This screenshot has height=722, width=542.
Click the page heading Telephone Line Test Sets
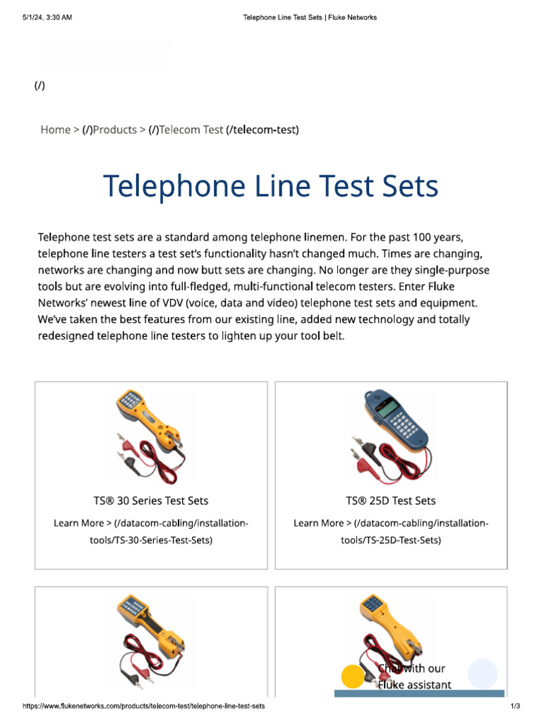(x=271, y=187)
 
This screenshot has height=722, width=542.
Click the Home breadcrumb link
(x=55, y=130)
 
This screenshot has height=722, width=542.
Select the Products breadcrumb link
(x=115, y=130)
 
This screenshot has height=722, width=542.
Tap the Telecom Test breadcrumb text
(x=191, y=130)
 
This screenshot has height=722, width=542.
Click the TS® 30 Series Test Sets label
(x=151, y=501)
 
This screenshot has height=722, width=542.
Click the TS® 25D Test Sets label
(x=391, y=501)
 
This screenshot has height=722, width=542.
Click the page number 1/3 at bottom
(x=515, y=706)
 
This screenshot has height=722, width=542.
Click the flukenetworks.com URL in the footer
(x=144, y=706)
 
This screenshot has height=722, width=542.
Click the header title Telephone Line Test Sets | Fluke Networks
(x=309, y=18)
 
